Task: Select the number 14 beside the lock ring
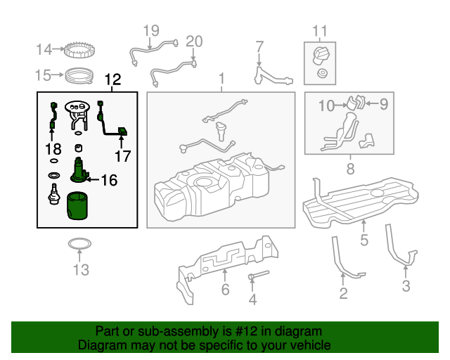click(x=44, y=49)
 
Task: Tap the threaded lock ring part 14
click(x=79, y=50)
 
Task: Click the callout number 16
click(x=108, y=180)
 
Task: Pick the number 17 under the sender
click(x=122, y=156)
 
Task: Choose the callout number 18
click(x=53, y=149)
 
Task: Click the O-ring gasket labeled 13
click(x=79, y=246)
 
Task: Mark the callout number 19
click(x=151, y=30)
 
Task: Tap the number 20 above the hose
click(x=193, y=41)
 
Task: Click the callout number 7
click(x=259, y=47)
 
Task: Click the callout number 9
click(x=383, y=105)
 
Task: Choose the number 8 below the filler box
click(x=349, y=168)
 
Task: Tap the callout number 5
click(x=364, y=240)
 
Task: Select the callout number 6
click(x=225, y=289)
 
